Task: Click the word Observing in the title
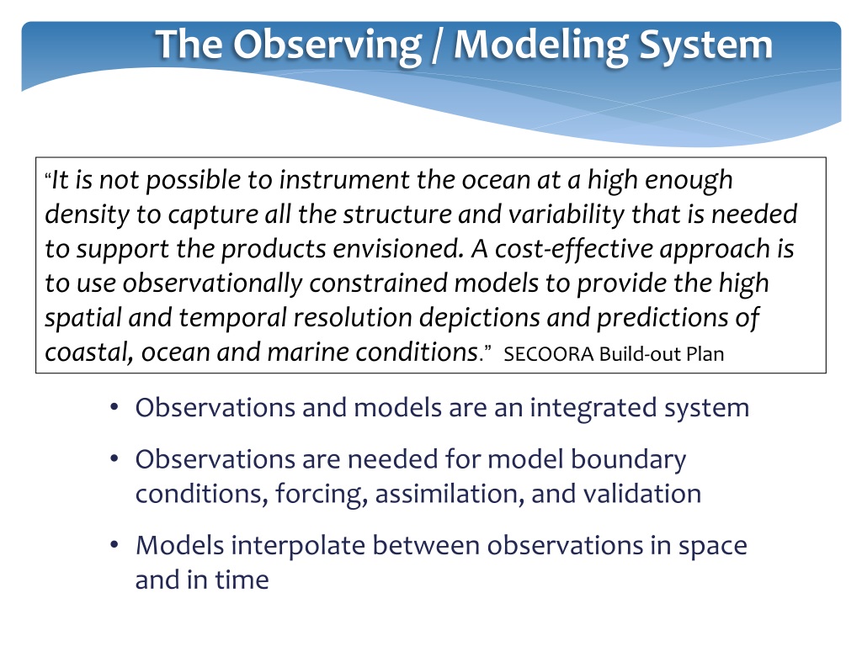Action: point(327,46)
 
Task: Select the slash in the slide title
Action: point(438,45)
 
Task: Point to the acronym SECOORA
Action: point(549,354)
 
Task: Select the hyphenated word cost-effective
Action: point(574,249)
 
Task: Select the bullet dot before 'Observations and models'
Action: point(114,408)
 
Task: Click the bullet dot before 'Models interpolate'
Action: point(114,545)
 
